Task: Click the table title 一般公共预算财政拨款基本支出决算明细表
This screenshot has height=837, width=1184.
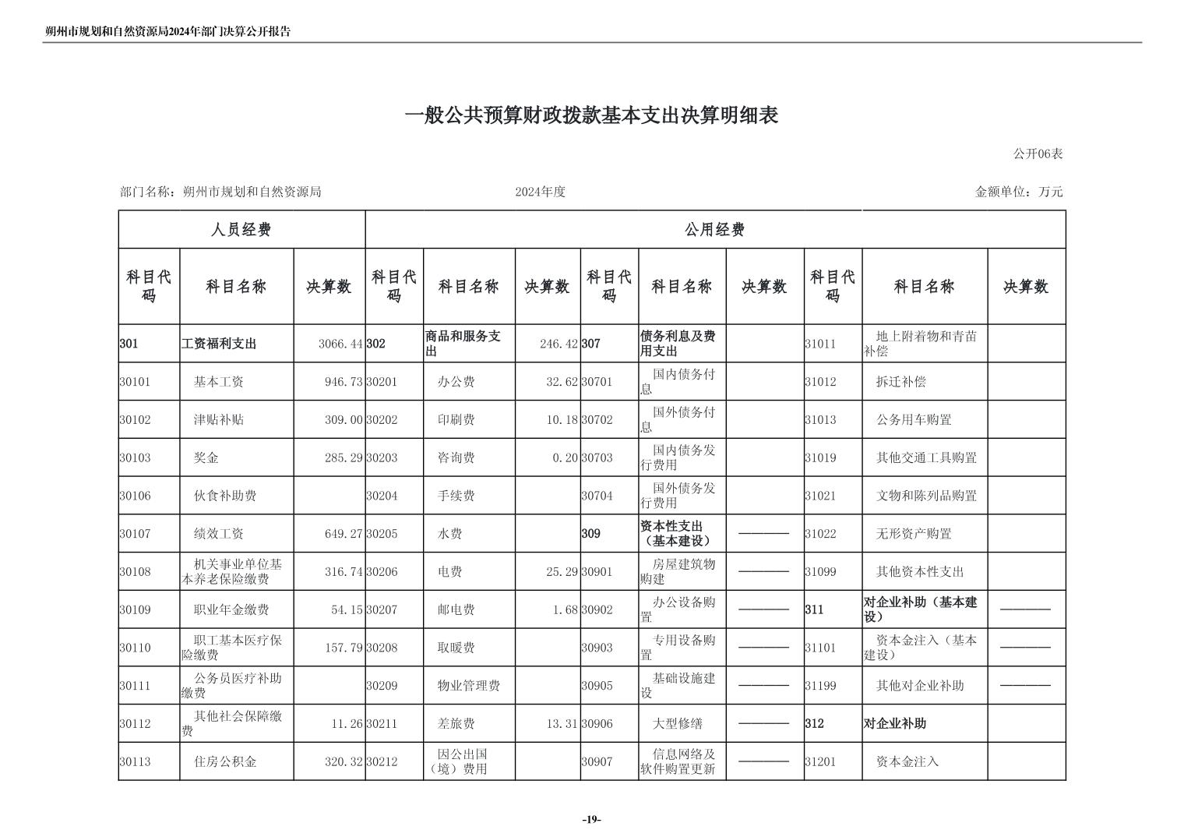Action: [591, 116]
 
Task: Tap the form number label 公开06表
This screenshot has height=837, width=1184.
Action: [1038, 154]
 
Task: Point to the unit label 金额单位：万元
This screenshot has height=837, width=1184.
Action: [1019, 192]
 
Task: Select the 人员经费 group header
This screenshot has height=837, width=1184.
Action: [241, 230]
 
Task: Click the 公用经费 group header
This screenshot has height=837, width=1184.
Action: [714, 230]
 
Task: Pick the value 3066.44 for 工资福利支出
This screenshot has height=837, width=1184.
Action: [340, 344]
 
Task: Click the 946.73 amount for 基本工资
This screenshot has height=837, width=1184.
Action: [344, 382]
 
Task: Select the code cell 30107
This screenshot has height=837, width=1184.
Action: [136, 534]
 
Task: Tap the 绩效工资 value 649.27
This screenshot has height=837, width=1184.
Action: [344, 534]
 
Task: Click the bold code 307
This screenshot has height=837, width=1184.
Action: [591, 344]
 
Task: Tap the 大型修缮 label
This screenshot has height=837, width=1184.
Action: [677, 723]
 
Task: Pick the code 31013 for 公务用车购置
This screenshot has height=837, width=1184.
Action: [820, 419]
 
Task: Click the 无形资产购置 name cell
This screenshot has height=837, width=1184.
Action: [914, 534]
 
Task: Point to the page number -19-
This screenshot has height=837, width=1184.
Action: [591, 819]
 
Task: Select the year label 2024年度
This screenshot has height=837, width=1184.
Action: [540, 192]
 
